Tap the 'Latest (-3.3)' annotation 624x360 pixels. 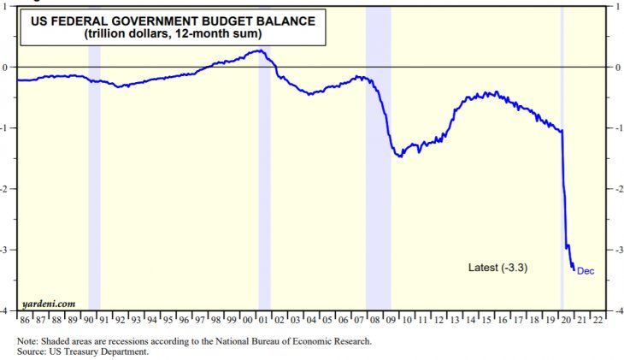point(497,268)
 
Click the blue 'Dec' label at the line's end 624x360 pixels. point(585,272)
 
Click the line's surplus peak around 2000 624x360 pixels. point(258,50)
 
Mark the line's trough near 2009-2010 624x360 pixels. point(399,156)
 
